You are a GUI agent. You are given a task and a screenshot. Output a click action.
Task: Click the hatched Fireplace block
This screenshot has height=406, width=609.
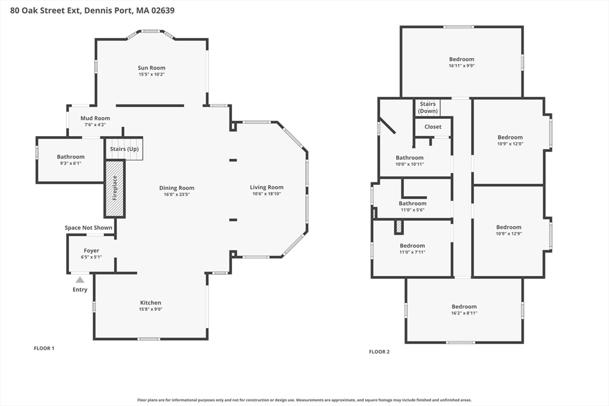115,188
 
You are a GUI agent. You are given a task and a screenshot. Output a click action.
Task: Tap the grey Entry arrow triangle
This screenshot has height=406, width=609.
80,280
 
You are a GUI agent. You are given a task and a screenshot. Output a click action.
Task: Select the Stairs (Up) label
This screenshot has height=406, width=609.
124,149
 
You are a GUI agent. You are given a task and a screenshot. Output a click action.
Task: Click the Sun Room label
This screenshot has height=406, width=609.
152,68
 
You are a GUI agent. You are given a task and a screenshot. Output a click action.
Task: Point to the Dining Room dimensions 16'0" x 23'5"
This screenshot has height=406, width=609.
177,194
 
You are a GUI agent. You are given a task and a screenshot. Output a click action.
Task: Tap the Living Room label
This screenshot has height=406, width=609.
266,187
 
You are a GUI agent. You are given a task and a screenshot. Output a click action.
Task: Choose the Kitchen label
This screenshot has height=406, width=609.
150,303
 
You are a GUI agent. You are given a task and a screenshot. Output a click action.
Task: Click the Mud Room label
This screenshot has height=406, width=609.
95,118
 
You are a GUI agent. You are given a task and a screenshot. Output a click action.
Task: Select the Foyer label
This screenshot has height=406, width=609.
92,251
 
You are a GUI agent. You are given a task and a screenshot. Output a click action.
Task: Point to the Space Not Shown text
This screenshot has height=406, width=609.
89,228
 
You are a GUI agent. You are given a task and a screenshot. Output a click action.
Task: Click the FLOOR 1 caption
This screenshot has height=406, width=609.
44,348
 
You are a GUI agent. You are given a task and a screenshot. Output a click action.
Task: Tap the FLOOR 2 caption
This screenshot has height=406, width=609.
379,352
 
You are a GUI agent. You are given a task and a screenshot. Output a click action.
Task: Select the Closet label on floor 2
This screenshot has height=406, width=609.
433,127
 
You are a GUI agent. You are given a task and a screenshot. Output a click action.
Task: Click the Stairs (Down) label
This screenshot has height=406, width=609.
428,108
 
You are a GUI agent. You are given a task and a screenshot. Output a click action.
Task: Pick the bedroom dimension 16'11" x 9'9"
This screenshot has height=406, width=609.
462,66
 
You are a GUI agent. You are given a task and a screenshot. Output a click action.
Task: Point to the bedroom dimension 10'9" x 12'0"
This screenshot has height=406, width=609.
510,144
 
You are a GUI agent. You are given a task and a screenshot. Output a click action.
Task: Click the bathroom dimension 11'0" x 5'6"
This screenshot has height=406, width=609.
413,210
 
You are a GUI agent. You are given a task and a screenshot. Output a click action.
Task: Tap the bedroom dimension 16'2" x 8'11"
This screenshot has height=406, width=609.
464,313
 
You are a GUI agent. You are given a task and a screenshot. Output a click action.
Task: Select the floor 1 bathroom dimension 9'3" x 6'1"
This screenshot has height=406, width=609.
71,163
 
